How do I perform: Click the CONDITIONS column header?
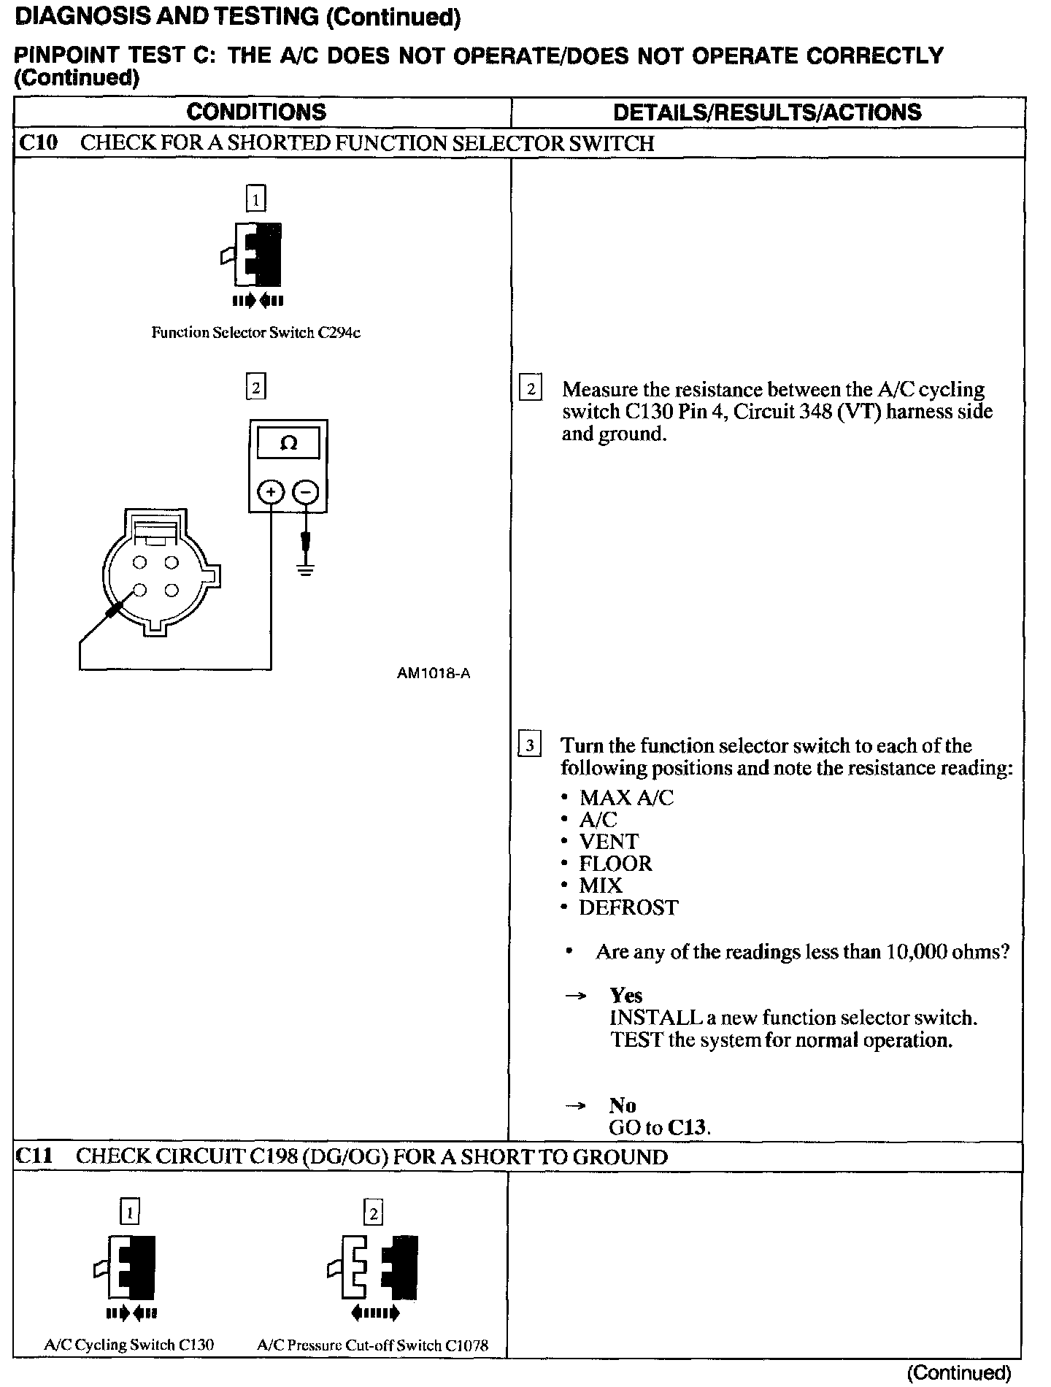point(256,112)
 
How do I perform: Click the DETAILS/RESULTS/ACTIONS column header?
point(767,112)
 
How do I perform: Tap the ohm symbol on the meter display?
point(288,443)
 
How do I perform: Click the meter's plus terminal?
point(271,493)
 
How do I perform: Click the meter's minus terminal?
point(305,493)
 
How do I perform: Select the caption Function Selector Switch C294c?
point(255,333)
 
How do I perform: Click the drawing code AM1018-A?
point(434,673)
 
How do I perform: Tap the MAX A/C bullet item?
point(626,797)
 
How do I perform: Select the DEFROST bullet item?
point(628,907)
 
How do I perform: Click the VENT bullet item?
point(609,842)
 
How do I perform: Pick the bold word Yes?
point(626,996)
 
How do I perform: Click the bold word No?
point(623,1105)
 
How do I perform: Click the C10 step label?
point(37,142)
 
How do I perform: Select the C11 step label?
point(36,1156)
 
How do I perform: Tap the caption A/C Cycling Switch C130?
point(129,1344)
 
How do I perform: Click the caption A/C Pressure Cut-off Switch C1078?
point(372,1345)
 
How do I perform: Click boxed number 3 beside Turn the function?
point(529,745)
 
